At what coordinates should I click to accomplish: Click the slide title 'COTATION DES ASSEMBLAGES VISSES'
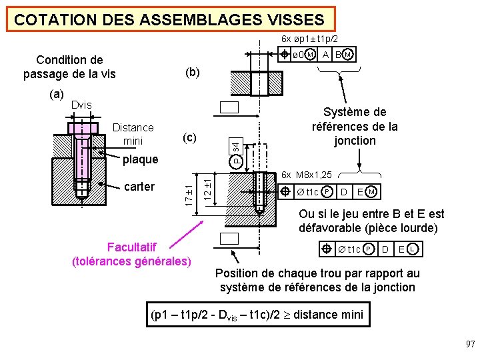[169, 20]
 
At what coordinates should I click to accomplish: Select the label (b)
[192, 71]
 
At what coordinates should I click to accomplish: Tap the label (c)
[189, 137]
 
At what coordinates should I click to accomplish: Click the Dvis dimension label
[81, 105]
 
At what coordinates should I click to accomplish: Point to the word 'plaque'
[140, 159]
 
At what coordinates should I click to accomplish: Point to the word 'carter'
[139, 186]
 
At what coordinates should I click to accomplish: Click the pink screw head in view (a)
[81, 129]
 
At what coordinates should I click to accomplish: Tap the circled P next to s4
[237, 161]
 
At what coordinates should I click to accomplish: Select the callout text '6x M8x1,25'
[307, 175]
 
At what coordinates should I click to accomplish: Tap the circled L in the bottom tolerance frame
[414, 249]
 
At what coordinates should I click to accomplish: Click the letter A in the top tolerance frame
[325, 55]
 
